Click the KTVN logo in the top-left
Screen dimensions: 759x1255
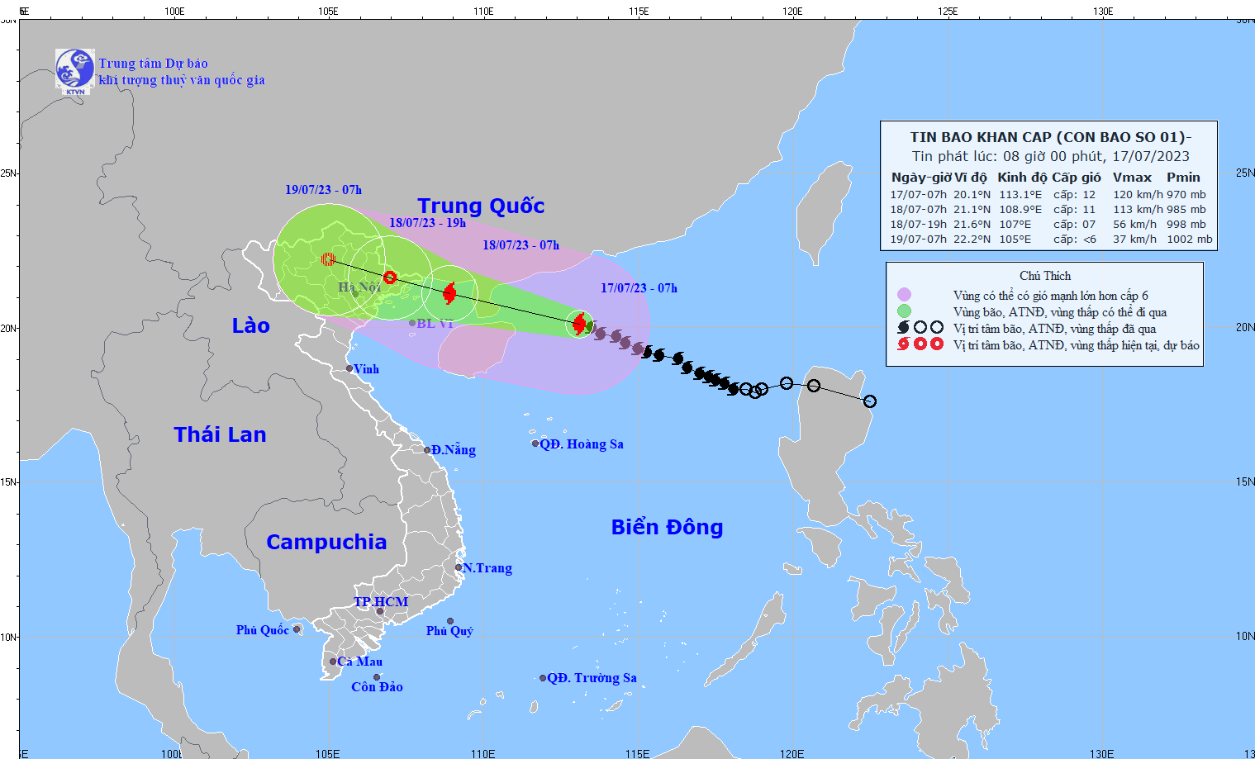74,70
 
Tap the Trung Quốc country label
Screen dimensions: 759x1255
480,206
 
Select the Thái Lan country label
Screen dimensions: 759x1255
220,434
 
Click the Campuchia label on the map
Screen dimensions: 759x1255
326,542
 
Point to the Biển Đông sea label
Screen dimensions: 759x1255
667,527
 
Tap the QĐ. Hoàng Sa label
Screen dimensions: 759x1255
581,444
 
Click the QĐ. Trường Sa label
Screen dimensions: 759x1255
592,678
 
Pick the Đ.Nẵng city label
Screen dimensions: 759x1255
453,450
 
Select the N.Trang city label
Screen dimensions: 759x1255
487,568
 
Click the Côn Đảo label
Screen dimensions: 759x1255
377,687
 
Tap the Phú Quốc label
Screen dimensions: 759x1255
263,630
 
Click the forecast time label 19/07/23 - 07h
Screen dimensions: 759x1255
323,190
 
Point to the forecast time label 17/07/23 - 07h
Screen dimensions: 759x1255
639,288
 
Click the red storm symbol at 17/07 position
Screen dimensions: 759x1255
580,323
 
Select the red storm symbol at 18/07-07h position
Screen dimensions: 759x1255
449,292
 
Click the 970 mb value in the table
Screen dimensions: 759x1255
1186,195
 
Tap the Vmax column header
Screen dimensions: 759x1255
1132,178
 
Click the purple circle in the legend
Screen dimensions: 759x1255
904,295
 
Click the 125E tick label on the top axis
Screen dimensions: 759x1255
948,11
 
